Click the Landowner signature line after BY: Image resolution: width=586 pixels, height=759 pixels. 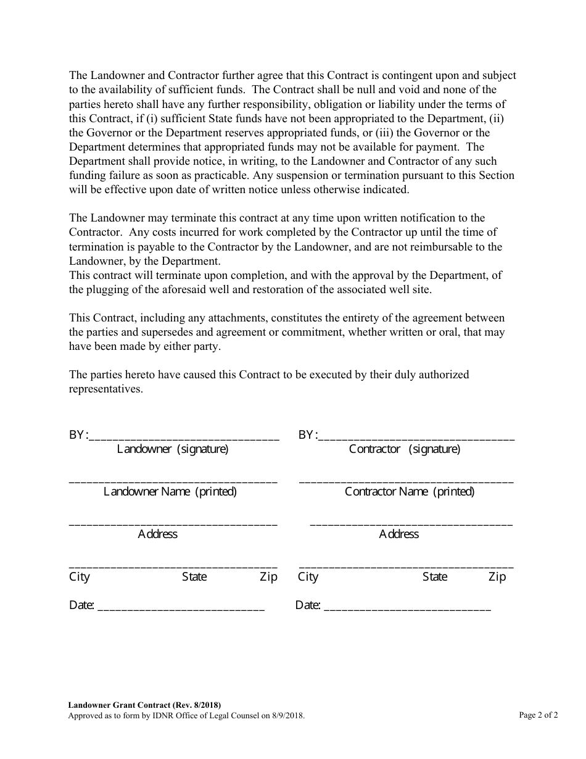point(184,438)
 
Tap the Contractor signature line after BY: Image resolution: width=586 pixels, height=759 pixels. point(416,438)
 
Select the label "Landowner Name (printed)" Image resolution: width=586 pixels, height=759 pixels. point(170,492)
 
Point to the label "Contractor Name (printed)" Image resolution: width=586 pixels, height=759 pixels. point(410,492)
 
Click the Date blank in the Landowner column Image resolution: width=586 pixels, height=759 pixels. point(181,608)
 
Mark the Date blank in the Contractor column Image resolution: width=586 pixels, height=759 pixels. point(407,608)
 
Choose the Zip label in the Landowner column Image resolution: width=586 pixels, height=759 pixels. point(268,577)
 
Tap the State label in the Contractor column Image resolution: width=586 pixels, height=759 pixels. point(435,577)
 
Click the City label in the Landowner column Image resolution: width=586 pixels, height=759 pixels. point(80,577)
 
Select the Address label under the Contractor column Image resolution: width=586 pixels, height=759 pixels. point(398,534)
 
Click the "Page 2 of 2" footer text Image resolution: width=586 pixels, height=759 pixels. point(539,715)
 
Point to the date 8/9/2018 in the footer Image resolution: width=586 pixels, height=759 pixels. point(286,716)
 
